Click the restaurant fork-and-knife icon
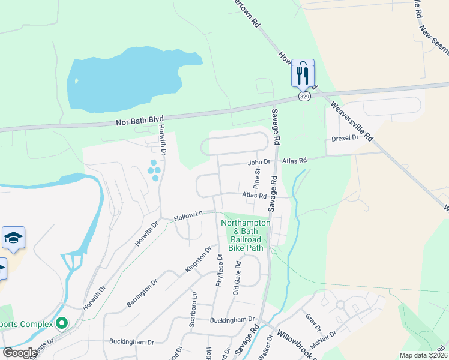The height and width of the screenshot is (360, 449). pyautogui.click(x=303, y=74)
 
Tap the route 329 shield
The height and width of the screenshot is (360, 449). pyautogui.click(x=304, y=97)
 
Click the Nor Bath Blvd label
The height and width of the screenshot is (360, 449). pyautogui.click(x=139, y=121)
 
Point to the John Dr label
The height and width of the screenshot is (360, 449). pyautogui.click(x=260, y=161)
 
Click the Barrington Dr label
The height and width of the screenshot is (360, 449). pyautogui.click(x=142, y=293)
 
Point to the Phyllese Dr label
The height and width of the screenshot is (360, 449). pyautogui.click(x=220, y=270)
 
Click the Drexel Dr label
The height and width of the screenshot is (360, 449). pyautogui.click(x=345, y=138)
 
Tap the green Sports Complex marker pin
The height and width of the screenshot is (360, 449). pyautogui.click(x=61, y=324)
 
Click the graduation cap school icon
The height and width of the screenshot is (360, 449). pyautogui.click(x=13, y=239)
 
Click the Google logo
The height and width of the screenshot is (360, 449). pyautogui.click(x=20, y=353)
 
